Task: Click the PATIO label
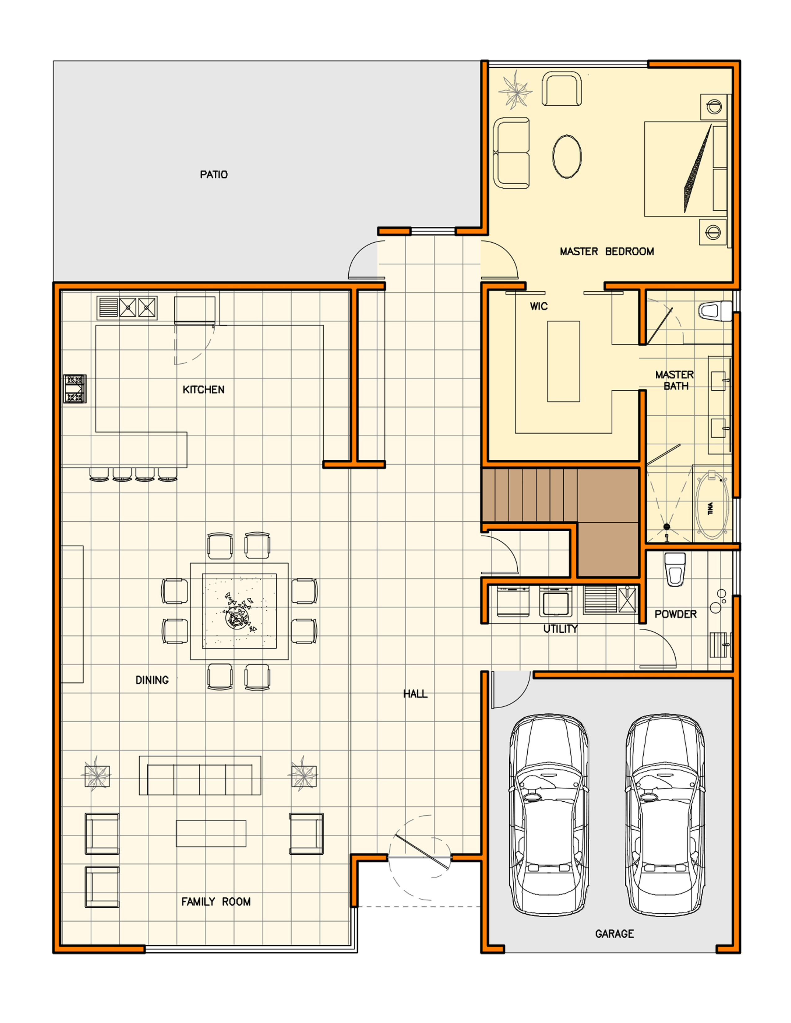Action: click(x=214, y=175)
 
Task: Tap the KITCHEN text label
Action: click(x=203, y=390)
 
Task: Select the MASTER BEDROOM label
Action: click(x=607, y=251)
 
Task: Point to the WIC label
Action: click(x=539, y=306)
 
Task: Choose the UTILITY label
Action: click(x=561, y=629)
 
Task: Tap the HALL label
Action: click(x=415, y=694)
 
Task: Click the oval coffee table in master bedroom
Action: click(x=567, y=157)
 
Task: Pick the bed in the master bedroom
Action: click(x=686, y=169)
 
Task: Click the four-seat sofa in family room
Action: click(x=200, y=775)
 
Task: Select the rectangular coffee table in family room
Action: click(x=211, y=833)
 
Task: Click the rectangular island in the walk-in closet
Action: click(x=563, y=361)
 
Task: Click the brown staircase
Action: click(x=561, y=522)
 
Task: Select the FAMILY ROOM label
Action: click(x=216, y=902)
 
